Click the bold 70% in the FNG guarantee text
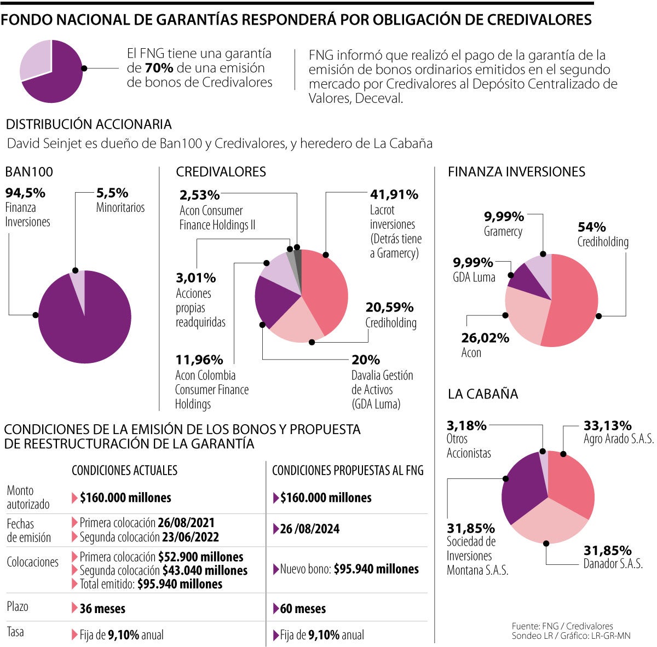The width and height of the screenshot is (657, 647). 159,68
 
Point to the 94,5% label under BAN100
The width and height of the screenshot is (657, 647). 25,193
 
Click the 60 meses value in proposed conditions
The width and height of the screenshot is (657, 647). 303,609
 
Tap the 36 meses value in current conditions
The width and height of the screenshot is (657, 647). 102,609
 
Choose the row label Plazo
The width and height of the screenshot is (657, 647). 18,606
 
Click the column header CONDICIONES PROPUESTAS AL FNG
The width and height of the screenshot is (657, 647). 348,470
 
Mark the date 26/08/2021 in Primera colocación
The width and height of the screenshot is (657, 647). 186,523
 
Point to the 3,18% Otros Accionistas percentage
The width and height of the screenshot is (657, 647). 466,425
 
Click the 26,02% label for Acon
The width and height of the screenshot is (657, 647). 485,338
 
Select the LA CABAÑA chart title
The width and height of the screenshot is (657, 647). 482,394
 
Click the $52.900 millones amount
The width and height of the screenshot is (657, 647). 200,557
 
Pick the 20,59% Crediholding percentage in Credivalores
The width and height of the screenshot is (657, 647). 389,307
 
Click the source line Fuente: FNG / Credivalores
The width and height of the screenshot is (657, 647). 562,626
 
